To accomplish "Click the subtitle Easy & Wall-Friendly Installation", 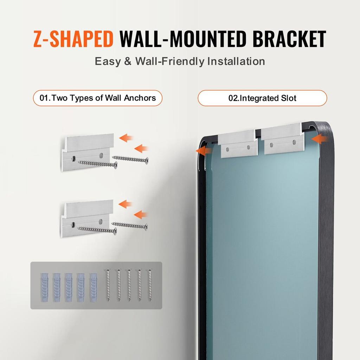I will (x=180, y=61).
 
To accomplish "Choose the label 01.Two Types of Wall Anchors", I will (x=98, y=98).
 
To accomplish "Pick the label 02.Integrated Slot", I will (x=262, y=98).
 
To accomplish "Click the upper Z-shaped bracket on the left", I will (x=88, y=151).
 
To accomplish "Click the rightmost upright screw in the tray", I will (x=150, y=285).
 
